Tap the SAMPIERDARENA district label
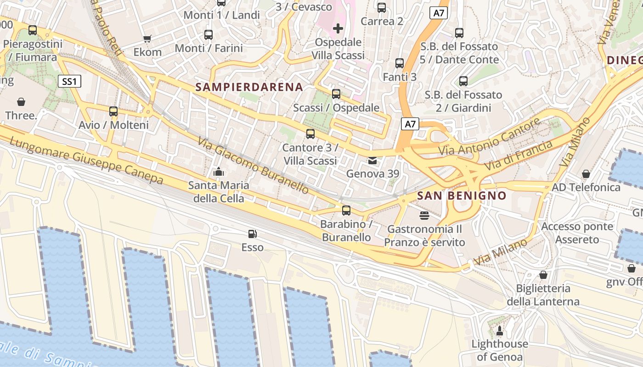[x=249, y=87]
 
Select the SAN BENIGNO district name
[x=462, y=196]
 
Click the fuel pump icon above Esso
[x=252, y=234]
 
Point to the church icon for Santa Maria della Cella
[x=219, y=172]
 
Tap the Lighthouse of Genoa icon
[x=500, y=330]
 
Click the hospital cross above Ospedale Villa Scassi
[x=338, y=28]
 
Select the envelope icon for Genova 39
[x=372, y=161]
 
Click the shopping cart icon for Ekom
[x=147, y=39]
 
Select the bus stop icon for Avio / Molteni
[x=113, y=111]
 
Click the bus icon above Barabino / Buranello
[x=346, y=211]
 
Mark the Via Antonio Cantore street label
[x=490, y=137]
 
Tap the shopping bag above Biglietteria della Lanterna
[x=543, y=275]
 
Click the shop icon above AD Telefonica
[x=586, y=174]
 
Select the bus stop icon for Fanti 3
[x=400, y=63]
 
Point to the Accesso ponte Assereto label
[x=577, y=233]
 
